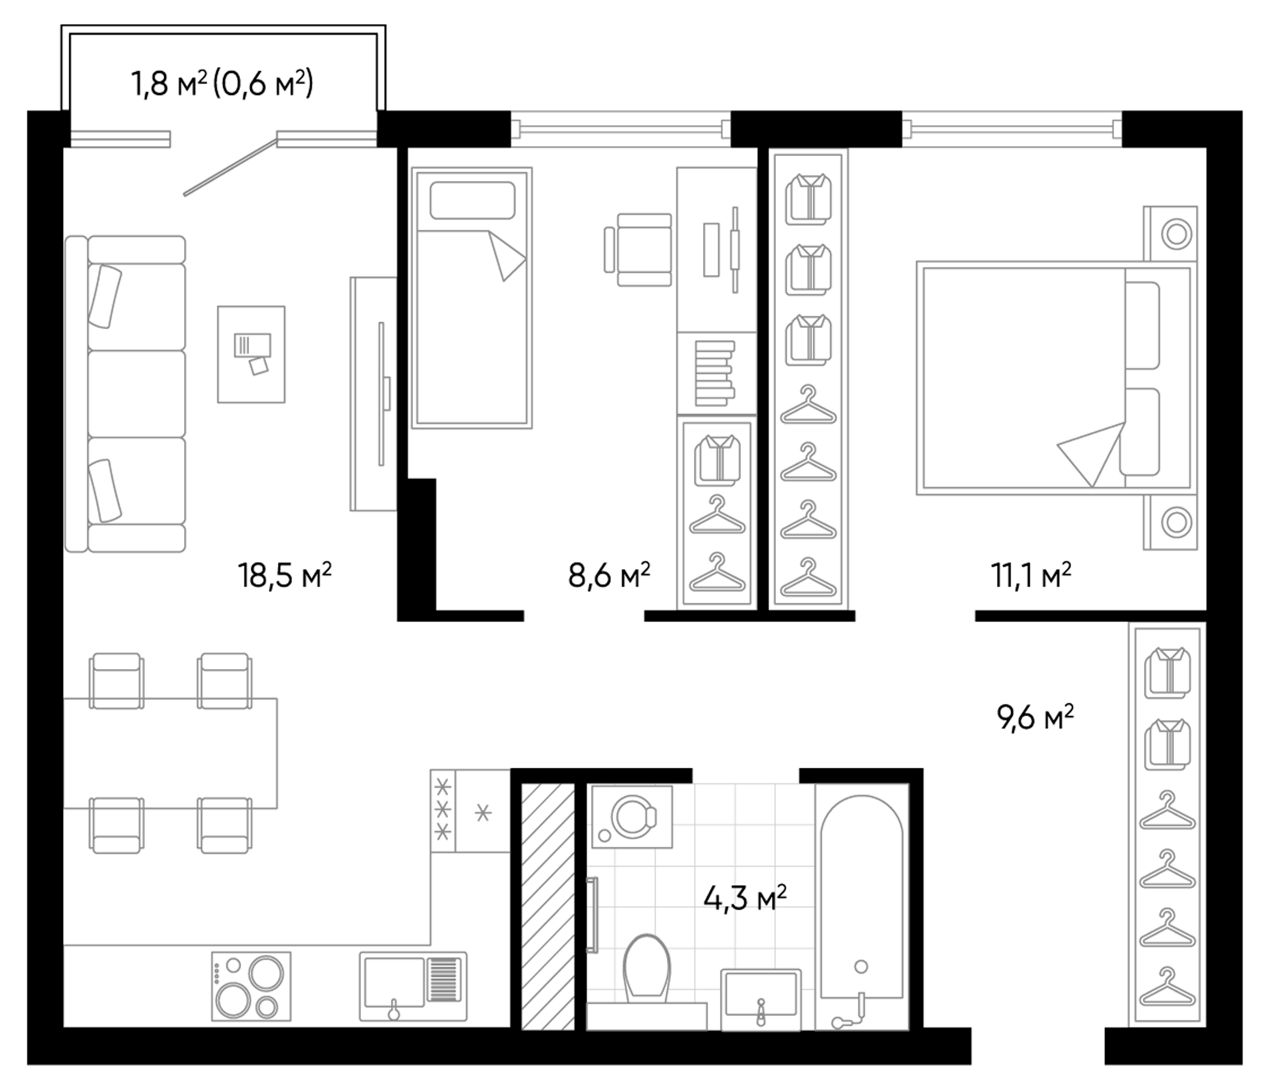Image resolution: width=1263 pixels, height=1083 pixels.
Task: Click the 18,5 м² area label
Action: click(284, 576)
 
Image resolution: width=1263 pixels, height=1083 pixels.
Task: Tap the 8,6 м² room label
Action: click(608, 576)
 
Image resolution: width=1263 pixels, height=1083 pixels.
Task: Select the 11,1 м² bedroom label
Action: click(1030, 576)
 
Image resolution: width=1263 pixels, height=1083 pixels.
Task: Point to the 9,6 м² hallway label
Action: click(1034, 718)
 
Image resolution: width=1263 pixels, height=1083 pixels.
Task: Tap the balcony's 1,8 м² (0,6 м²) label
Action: click(222, 84)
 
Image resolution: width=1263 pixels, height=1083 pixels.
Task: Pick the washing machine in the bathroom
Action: click(632, 816)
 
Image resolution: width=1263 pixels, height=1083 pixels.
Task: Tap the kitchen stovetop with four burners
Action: click(251, 986)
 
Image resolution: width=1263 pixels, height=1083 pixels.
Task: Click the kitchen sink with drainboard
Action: click(413, 986)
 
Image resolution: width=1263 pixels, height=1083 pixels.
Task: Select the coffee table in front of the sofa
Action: click(251, 354)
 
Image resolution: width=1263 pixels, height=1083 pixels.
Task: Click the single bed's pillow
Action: click(472, 200)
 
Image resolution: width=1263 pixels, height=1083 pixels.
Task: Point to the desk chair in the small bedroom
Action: click(640, 250)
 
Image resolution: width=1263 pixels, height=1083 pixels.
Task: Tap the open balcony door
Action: click(230, 167)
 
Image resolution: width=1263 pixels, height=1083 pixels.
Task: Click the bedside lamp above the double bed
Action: click(1176, 234)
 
